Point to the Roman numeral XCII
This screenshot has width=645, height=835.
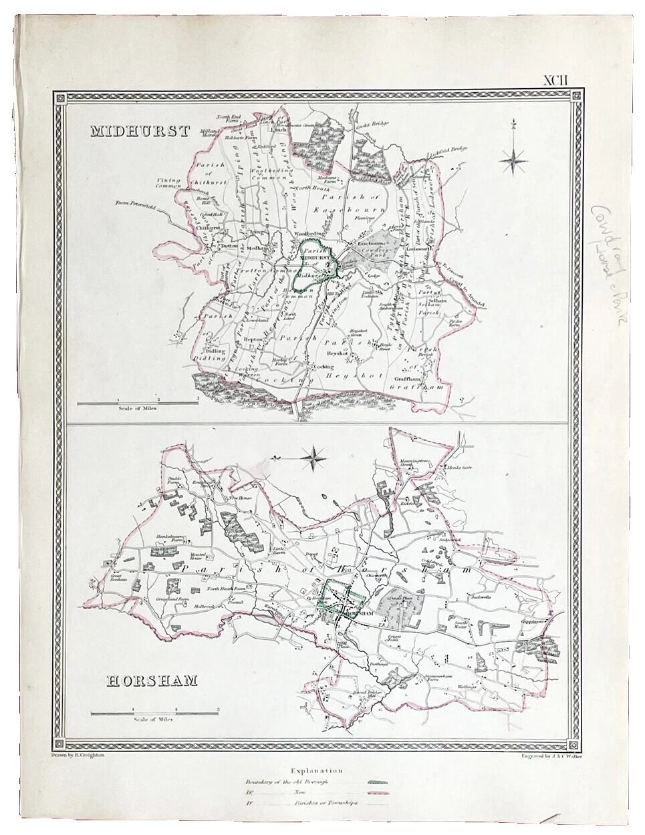tap(555, 80)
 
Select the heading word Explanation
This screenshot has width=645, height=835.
tap(323, 771)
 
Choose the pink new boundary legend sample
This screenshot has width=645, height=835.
tap(378, 792)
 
